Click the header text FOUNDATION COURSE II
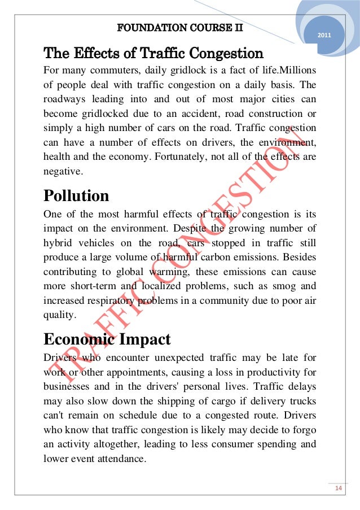pos(179,27)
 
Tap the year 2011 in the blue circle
pos(324,36)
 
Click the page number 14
pos(340,488)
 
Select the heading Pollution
pos(76,196)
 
